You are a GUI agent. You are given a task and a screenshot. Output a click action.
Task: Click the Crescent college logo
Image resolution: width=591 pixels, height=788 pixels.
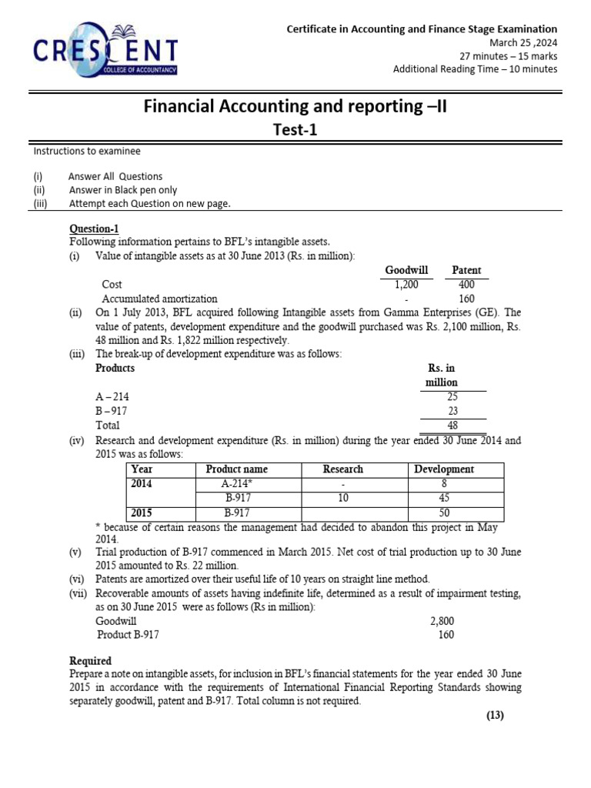click(106, 52)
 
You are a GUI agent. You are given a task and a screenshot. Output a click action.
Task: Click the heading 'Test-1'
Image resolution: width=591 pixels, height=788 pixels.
click(295, 130)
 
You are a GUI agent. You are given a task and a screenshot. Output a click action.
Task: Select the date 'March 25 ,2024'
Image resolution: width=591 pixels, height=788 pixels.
click(519, 42)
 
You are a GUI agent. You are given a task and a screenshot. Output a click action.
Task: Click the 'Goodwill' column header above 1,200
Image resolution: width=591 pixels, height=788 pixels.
click(406, 270)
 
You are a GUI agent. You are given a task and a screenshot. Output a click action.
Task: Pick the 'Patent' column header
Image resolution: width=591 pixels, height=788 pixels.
click(466, 270)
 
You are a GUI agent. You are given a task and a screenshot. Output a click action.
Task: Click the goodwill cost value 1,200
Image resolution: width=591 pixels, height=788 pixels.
click(406, 284)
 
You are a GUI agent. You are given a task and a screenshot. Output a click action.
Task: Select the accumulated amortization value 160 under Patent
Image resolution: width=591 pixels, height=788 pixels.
click(466, 299)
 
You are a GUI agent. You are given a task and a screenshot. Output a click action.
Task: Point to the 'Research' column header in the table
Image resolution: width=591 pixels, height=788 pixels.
click(343, 469)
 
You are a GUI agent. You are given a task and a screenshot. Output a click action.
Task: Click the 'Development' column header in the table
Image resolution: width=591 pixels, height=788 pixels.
click(444, 469)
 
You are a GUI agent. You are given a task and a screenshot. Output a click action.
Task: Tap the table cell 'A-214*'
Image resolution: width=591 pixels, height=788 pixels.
click(239, 484)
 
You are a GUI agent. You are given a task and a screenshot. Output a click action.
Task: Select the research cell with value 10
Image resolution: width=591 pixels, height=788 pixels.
click(343, 499)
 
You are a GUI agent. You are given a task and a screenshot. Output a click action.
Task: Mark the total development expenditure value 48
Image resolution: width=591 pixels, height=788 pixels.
click(452, 425)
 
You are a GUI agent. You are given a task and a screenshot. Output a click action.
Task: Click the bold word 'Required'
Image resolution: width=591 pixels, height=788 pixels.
click(90, 661)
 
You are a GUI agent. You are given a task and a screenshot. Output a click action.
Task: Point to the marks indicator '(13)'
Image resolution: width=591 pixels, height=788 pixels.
click(495, 715)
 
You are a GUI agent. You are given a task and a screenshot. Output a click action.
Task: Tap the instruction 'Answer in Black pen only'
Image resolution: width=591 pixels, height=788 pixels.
click(123, 190)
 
